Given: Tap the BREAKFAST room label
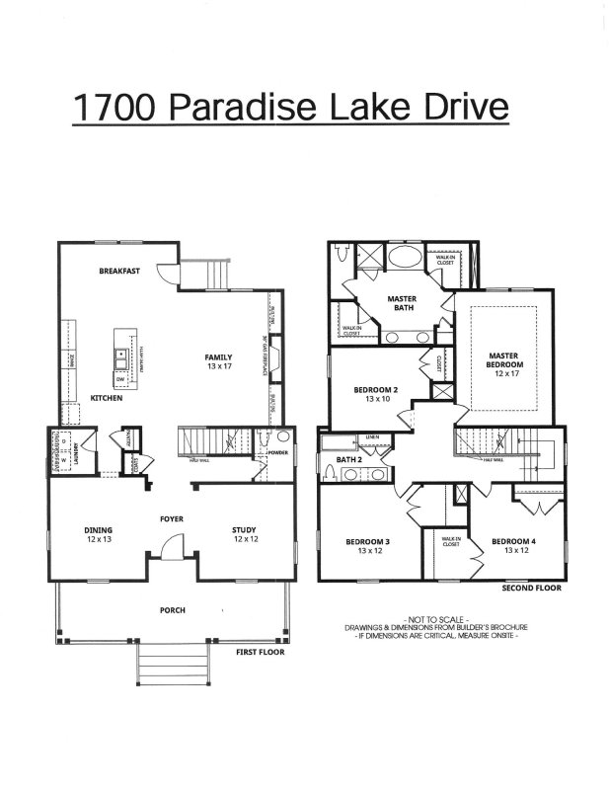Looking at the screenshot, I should [119, 272].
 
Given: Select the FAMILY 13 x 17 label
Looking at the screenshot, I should [218, 361].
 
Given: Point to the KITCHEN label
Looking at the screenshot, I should [107, 397].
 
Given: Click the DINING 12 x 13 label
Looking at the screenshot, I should [98, 535].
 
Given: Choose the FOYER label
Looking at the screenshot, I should [173, 518].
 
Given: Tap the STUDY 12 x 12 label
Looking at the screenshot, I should [245, 535].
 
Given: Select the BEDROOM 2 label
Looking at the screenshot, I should [374, 394].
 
